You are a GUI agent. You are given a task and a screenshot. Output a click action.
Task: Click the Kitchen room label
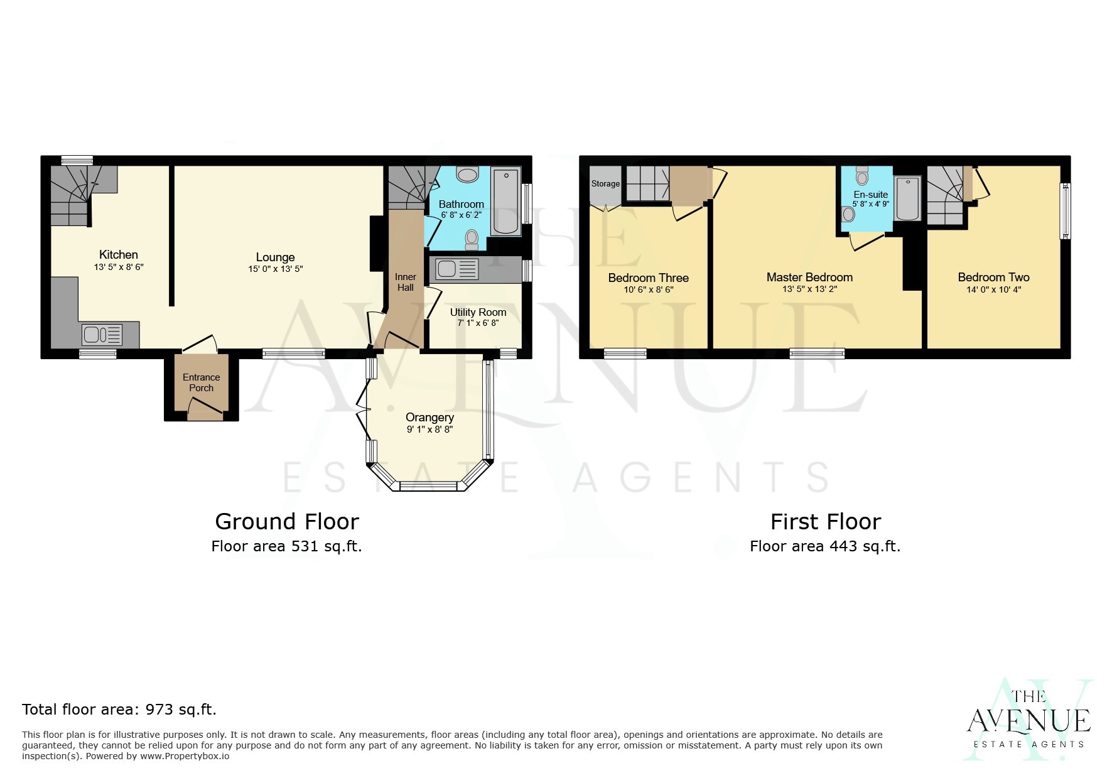point(118,254)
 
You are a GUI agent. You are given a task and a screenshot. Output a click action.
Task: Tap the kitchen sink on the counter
point(102,335)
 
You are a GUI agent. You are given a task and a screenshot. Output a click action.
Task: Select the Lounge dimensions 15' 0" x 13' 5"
point(275,269)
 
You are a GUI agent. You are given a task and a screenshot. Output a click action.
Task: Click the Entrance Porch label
point(201,382)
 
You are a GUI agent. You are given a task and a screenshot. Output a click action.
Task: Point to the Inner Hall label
point(405,282)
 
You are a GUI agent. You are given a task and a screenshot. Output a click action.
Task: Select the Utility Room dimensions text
point(478,323)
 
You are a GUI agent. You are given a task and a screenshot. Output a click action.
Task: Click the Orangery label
point(429,417)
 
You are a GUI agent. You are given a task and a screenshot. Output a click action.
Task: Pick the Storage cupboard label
point(605,183)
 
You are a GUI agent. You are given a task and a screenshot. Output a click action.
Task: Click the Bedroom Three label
point(648,278)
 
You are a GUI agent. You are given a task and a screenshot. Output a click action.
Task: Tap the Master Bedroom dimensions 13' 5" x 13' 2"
point(809,289)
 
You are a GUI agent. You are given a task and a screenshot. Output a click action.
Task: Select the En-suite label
point(870,195)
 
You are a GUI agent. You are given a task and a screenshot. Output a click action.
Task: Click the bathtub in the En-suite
point(907,198)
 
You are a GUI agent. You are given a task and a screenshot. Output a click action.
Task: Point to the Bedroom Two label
point(993,277)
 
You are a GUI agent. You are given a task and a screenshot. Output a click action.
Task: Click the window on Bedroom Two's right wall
point(1065,211)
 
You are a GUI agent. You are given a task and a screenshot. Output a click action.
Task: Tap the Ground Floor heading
point(286,521)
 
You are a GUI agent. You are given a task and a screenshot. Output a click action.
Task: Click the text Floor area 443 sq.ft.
point(824,546)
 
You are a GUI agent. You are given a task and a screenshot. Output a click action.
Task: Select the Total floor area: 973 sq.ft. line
point(119,710)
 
